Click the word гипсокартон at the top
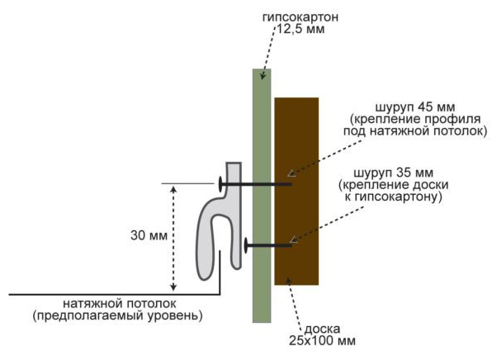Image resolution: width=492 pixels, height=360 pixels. [x=300, y=17]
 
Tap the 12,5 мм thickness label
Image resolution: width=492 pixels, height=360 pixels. [x=300, y=29]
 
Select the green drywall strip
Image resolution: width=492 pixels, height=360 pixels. [x=262, y=196]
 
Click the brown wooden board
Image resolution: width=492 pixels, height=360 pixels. [x=296, y=192]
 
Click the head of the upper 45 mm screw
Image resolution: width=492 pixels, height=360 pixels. [x=220, y=184]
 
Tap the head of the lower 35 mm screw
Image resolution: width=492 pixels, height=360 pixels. [x=246, y=245]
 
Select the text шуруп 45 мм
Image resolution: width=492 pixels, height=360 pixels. [x=414, y=107]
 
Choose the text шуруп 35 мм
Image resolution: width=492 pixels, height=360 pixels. [x=393, y=173]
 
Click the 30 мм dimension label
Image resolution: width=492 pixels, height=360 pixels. [x=149, y=235]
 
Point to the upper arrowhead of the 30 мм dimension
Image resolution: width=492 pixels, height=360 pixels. [x=173, y=188]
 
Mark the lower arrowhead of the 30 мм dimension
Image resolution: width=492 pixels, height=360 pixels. [x=173, y=287]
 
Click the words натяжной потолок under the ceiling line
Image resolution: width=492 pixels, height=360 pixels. [x=120, y=304]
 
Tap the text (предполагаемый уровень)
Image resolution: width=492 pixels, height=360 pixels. [x=118, y=315]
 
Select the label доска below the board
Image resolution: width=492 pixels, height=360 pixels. [x=322, y=329]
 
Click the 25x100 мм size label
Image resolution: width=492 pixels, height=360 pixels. [x=322, y=341]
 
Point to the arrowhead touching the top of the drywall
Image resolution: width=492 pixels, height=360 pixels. [x=263, y=76]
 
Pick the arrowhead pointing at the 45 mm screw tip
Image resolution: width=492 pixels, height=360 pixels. [x=291, y=173]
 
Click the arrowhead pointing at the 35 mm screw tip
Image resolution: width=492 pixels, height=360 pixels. [x=294, y=239]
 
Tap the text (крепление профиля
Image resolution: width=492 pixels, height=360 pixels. [x=415, y=119]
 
